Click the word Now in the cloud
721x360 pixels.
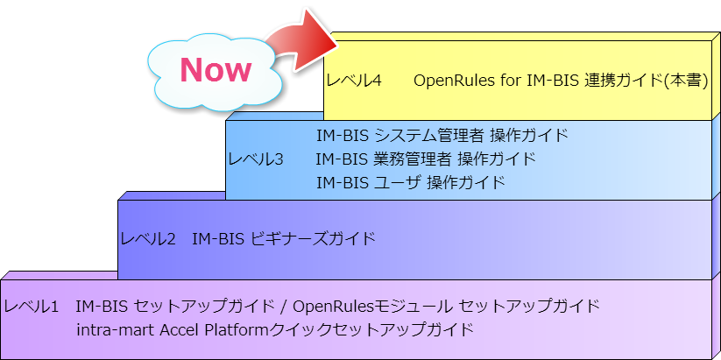click(x=216, y=70)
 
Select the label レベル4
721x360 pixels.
click(x=354, y=81)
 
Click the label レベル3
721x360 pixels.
click(x=256, y=159)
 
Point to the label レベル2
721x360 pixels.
click(x=148, y=239)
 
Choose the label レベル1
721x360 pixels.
click(x=32, y=306)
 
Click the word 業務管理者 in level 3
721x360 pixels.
click(x=412, y=159)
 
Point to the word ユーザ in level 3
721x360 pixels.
click(x=397, y=182)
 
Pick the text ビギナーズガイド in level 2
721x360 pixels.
click(x=314, y=239)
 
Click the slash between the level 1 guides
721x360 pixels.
click(x=284, y=306)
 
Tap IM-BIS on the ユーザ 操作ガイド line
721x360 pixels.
click(x=343, y=182)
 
